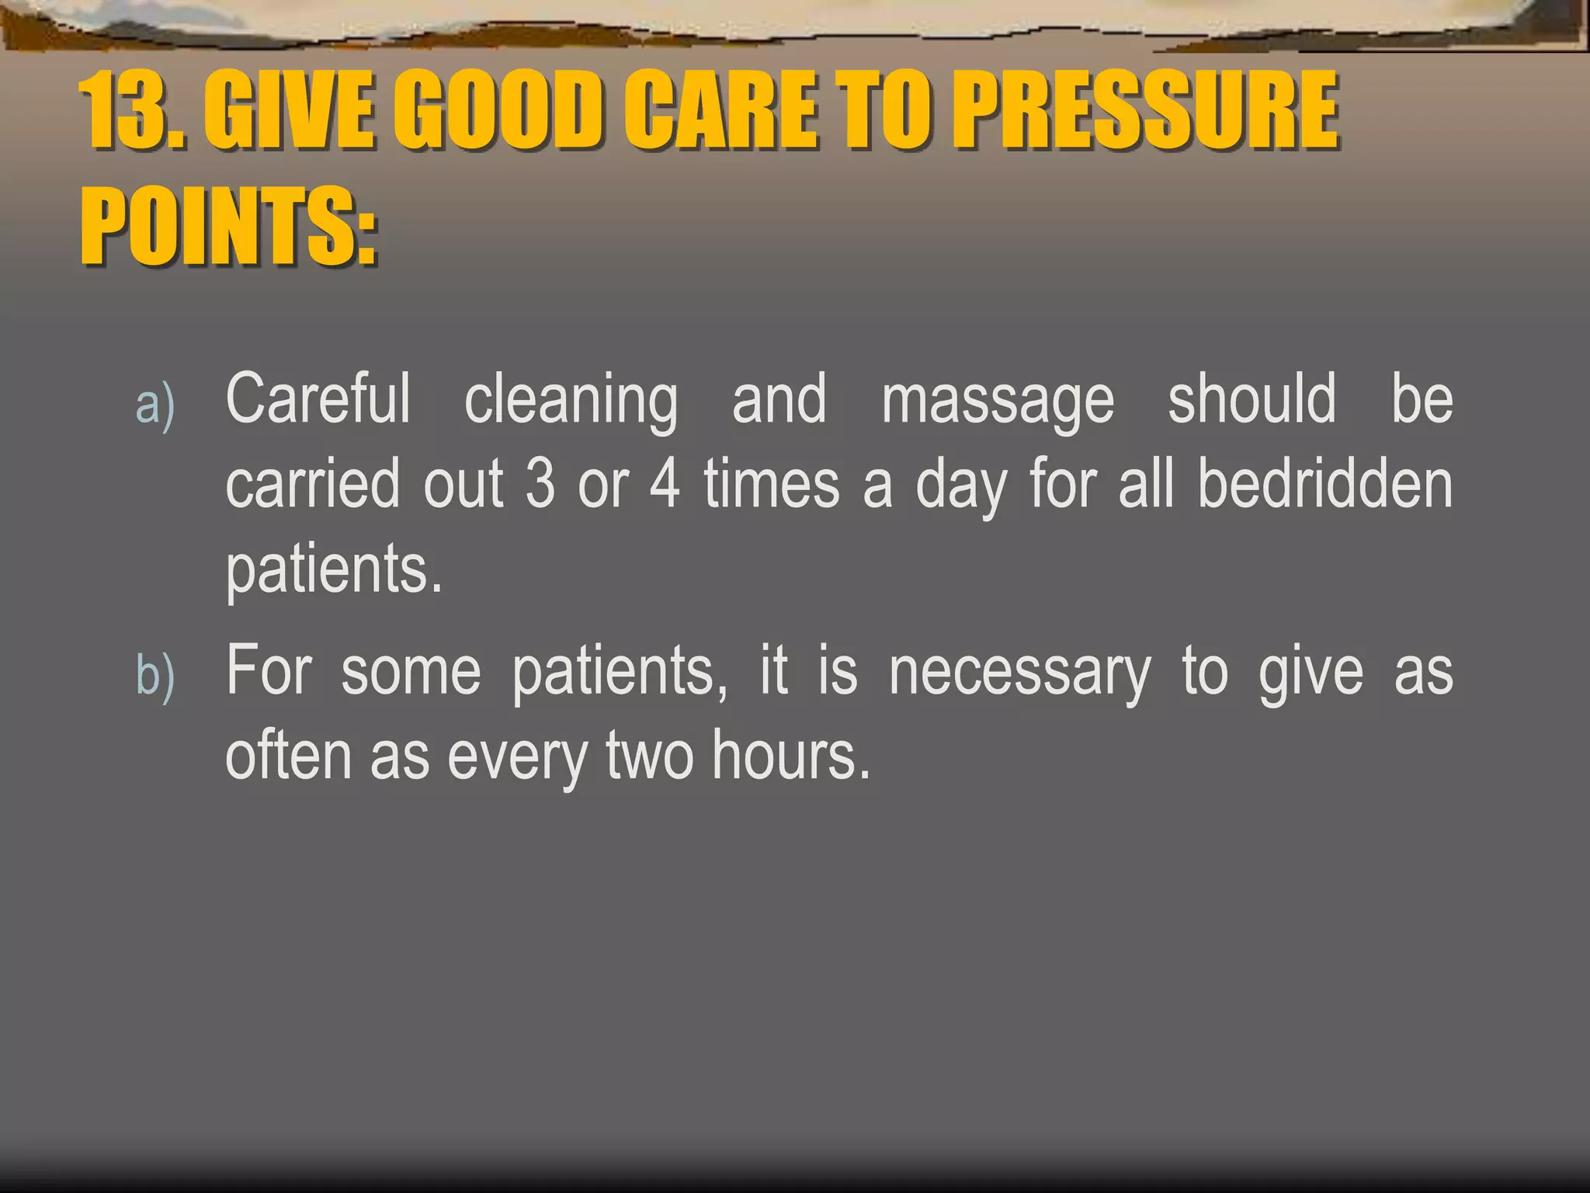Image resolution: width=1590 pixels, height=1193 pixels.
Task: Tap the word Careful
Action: pos(318,398)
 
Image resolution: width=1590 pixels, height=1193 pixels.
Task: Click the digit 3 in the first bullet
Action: pos(540,483)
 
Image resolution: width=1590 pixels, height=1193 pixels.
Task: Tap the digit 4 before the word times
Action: pos(665,483)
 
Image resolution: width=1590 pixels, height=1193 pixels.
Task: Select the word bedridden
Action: pos(1324,483)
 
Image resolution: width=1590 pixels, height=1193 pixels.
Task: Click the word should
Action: pos(1252,398)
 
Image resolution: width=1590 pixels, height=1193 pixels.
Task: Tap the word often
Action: pos(288,755)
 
